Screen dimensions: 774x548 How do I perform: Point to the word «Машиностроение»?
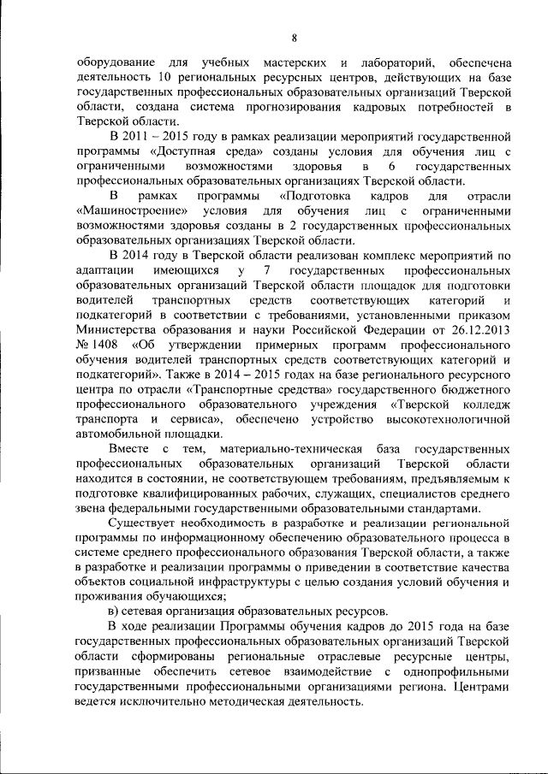click(x=129, y=210)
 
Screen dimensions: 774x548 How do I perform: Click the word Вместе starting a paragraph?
click(x=131, y=450)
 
